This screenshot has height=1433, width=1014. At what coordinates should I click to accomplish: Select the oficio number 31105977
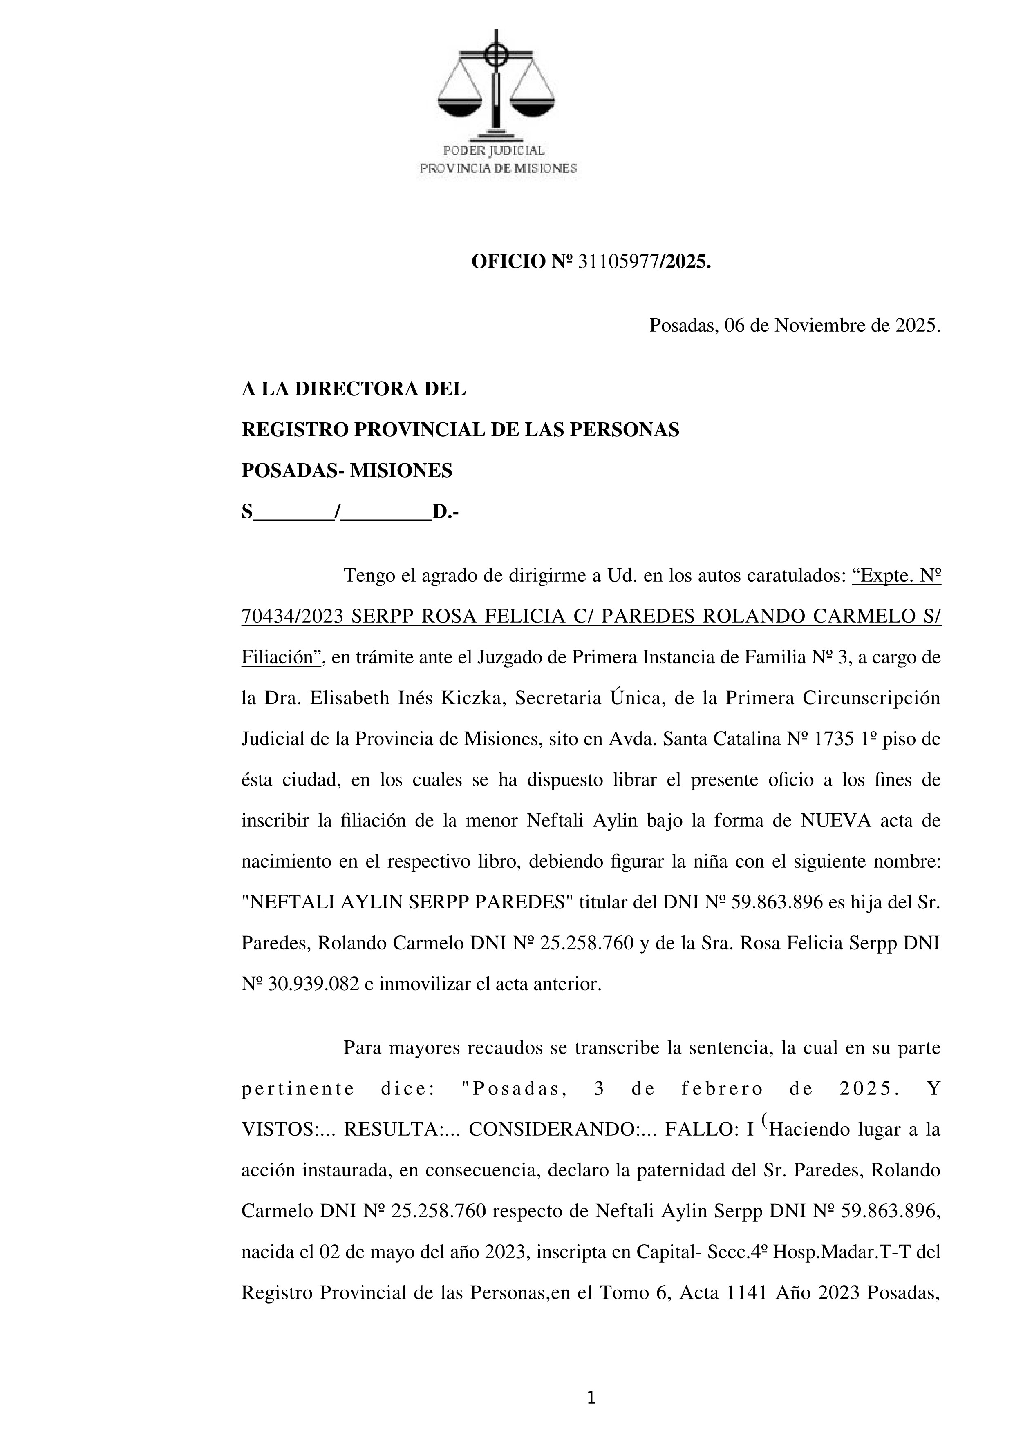pos(619,262)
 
